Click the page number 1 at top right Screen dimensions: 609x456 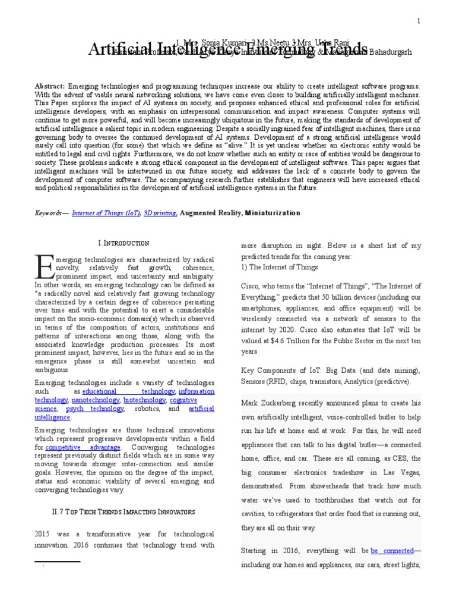[x=418, y=21]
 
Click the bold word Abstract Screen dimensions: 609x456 [x=50, y=86]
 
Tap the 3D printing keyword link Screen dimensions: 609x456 [x=159, y=213]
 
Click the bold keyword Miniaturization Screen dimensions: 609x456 [x=273, y=213]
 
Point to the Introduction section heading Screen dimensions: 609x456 [x=123, y=243]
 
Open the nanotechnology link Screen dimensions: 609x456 [x=95, y=400]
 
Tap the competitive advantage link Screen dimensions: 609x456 [x=83, y=447]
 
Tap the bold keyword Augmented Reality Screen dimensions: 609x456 [x=208, y=213]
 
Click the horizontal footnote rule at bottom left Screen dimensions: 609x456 [x=57, y=561]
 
